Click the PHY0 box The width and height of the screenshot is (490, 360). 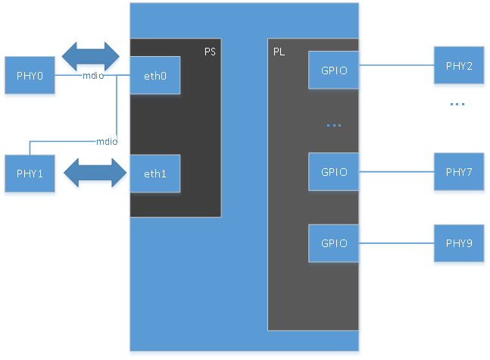pos(30,76)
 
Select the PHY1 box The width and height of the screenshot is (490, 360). pos(30,174)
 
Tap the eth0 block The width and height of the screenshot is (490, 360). pos(154,75)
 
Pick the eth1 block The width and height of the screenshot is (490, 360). pos(154,174)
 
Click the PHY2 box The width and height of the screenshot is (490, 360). pos(459,66)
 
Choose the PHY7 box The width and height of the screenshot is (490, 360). pos(459,172)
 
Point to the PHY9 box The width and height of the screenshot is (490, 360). pos(459,243)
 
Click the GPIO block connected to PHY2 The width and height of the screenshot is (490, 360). pos(334,70)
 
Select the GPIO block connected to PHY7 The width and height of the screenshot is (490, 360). pos(334,172)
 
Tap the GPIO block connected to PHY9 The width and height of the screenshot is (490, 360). pos(334,243)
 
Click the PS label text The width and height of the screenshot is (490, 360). pos(211,52)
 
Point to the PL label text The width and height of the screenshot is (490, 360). pos(279,52)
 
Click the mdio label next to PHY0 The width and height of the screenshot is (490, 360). pos(92,76)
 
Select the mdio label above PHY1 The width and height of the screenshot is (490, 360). pos(105,141)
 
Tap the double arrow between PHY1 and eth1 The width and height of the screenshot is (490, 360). pos(94,174)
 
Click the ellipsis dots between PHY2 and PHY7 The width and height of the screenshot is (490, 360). pos(457,104)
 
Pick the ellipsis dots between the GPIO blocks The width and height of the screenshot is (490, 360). pos(334,125)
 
